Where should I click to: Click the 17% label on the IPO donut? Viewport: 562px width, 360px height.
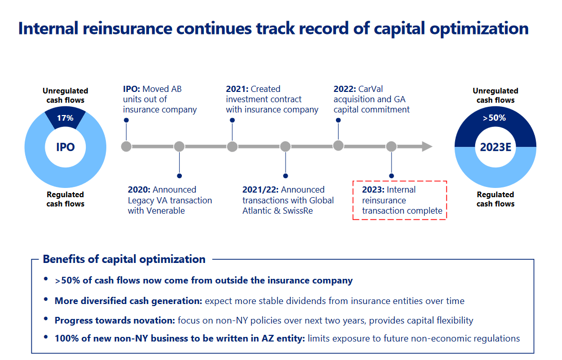click(x=65, y=118)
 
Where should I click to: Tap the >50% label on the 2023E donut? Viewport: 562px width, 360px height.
click(x=495, y=118)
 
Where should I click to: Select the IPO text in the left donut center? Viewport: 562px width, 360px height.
click(x=65, y=147)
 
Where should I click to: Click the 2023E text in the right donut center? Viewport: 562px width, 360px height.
click(x=495, y=147)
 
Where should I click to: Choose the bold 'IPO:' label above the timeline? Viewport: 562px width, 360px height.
click(x=132, y=89)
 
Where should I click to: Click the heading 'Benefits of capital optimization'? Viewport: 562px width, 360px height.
click(x=124, y=259)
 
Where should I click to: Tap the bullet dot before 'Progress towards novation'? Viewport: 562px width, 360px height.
click(x=46, y=319)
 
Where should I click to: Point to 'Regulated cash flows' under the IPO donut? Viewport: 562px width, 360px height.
click(x=65, y=199)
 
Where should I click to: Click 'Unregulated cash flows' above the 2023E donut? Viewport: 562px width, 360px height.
click(x=495, y=96)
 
